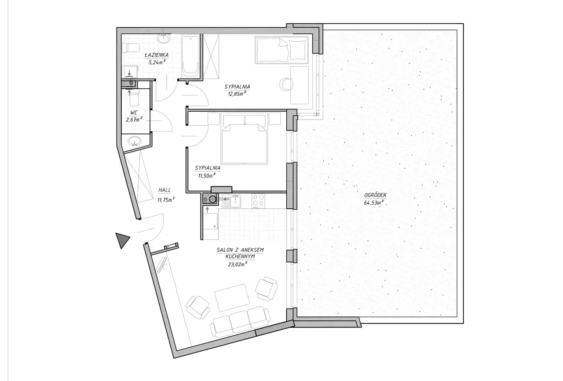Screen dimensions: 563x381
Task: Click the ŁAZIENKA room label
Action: click(156, 55)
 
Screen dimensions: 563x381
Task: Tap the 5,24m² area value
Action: click(157, 62)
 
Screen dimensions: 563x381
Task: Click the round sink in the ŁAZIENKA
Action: click(164, 39)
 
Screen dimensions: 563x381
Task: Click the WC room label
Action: click(134, 113)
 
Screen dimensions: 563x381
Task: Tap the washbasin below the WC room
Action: click(135, 141)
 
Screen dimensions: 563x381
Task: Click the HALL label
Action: click(165, 190)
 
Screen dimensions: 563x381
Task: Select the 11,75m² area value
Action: click(166, 200)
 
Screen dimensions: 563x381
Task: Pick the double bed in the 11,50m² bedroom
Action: click(244, 144)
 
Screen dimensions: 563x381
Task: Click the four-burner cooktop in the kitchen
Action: click(258, 201)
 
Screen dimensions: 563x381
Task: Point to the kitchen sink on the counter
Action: click(233, 201)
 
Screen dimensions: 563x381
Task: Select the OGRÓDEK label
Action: click(376, 195)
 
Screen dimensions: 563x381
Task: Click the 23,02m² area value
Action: click(238, 264)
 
